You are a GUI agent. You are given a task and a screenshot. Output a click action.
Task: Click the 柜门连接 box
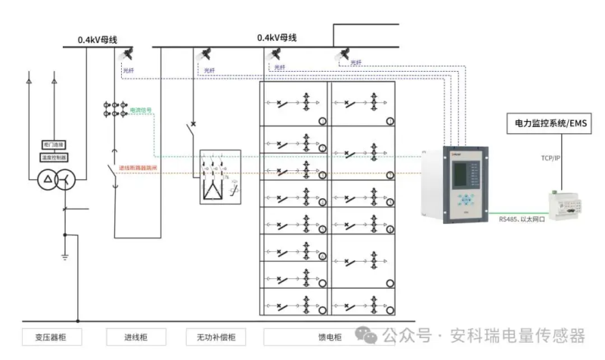[x=54, y=144]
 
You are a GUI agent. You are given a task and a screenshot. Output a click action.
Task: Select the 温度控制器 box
[x=54, y=157]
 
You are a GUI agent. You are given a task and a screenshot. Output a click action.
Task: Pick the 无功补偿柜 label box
[x=217, y=337]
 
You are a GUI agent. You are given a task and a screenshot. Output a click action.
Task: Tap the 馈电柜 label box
[x=327, y=337]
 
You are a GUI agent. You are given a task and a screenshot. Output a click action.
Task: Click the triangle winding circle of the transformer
[x=48, y=180]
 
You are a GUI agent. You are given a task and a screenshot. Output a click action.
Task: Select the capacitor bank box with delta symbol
[x=219, y=177]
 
